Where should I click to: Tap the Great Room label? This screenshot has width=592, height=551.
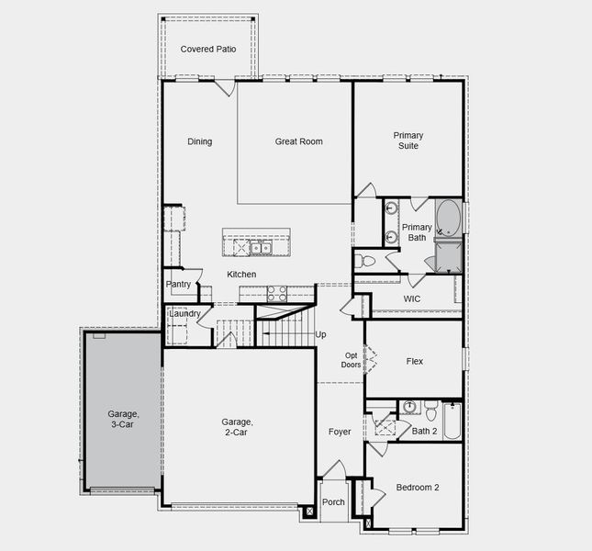(x=298, y=141)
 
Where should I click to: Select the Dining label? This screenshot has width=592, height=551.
(x=199, y=141)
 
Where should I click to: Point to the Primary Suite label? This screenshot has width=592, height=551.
(x=408, y=141)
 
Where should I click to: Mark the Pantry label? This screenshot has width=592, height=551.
(x=178, y=285)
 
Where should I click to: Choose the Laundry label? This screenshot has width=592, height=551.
(x=184, y=314)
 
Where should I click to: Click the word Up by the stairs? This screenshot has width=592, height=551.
(x=320, y=334)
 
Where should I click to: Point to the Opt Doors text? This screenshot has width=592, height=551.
(x=352, y=359)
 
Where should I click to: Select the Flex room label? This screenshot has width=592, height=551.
(x=415, y=361)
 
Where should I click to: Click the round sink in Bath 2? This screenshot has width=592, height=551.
(x=408, y=406)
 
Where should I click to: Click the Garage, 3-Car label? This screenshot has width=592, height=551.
(x=118, y=419)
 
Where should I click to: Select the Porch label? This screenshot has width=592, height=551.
(x=333, y=502)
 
